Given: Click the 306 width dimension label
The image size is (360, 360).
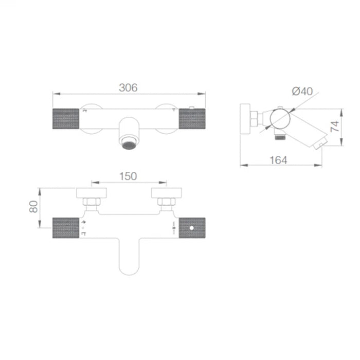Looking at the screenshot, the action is [x=128, y=88].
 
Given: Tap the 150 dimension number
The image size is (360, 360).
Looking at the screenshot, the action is [x=128, y=176].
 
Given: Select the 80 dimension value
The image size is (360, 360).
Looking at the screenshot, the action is [x=33, y=207].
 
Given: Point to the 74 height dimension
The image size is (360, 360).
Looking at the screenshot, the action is [x=335, y=127].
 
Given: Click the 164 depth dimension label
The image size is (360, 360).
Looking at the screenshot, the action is [x=278, y=160].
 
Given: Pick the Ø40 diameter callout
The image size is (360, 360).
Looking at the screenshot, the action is [x=302, y=91].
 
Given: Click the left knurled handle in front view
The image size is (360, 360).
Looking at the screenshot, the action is [x=66, y=119].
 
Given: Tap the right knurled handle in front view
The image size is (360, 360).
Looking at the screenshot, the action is [x=192, y=119].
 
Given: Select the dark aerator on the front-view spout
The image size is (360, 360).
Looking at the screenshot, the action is [x=129, y=146].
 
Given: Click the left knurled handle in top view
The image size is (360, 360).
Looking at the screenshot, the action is [x=66, y=228].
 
